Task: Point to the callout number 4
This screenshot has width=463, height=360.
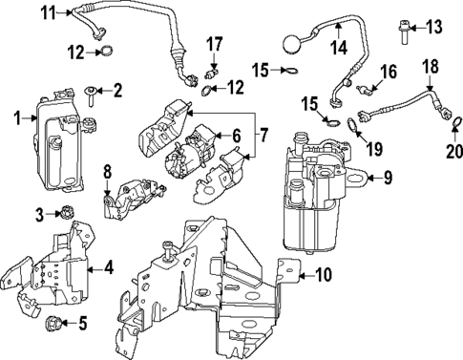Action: coord(108,267)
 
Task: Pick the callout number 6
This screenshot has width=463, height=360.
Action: coord(234,137)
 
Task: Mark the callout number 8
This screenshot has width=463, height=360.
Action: coord(107,172)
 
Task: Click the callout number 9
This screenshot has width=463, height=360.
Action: coord(387,177)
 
